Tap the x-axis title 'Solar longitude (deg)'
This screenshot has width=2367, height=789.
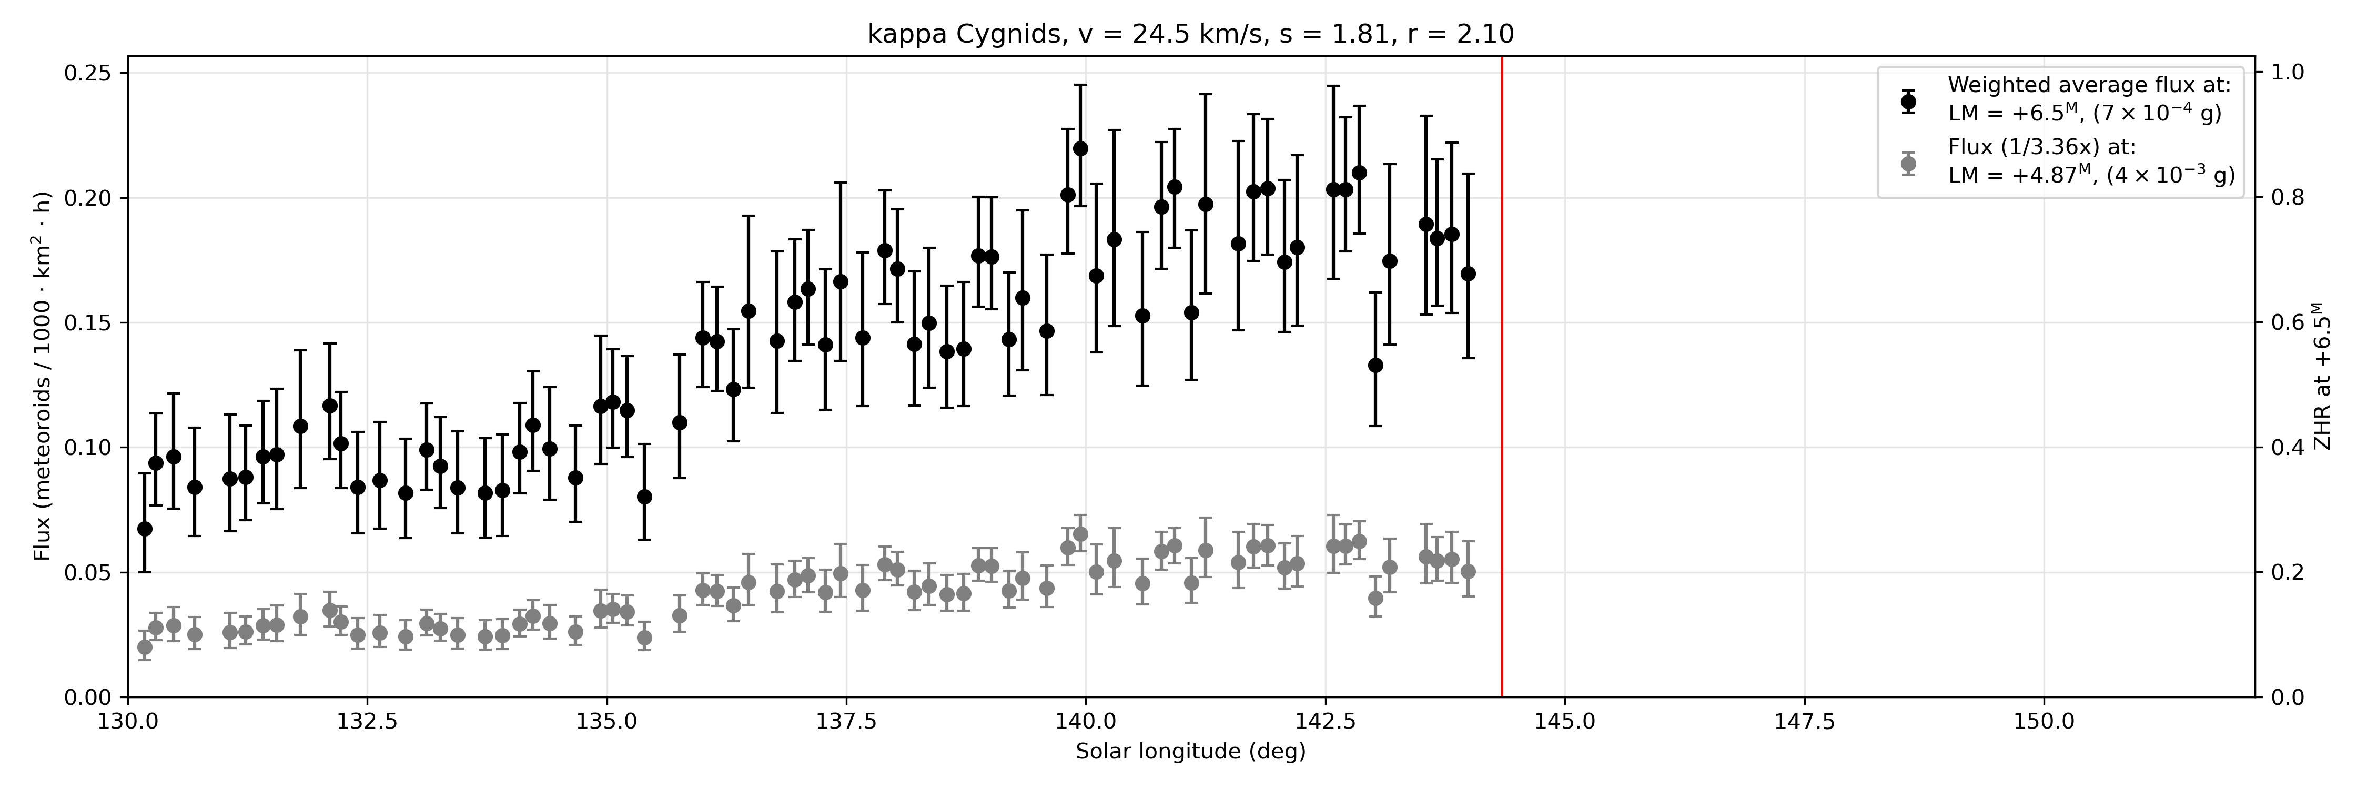(x=1191, y=751)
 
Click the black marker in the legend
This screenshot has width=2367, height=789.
(x=1908, y=101)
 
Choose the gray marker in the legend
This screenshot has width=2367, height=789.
(x=1908, y=164)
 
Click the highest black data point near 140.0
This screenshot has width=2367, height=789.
(x=1080, y=148)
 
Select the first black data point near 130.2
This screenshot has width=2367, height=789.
(x=144, y=528)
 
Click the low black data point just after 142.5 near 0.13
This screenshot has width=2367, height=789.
(x=1375, y=365)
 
